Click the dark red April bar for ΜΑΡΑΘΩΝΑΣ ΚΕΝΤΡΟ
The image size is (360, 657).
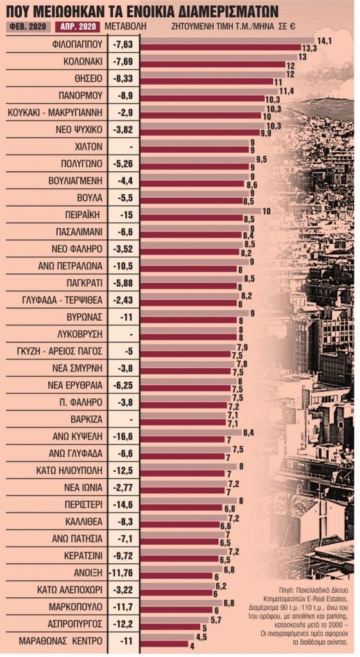pyautogui.click(x=164, y=644)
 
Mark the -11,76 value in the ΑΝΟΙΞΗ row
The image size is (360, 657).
pyautogui.click(x=122, y=570)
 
